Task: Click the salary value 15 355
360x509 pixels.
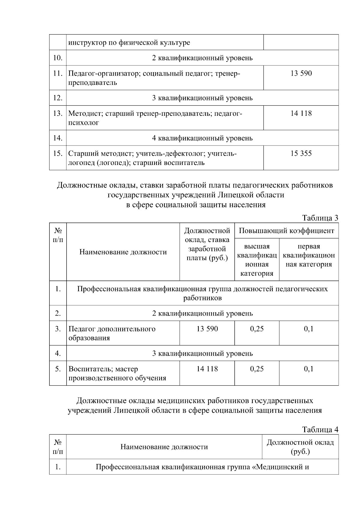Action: (301, 154)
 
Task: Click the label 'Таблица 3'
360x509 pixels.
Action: (320, 218)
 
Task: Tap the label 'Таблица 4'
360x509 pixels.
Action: (320, 430)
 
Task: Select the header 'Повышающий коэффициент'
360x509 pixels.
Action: (286, 231)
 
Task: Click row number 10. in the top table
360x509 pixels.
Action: (58, 58)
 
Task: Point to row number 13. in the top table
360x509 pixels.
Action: (58, 113)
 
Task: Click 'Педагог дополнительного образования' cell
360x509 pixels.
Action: (112, 333)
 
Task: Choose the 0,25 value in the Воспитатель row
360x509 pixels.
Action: (257, 369)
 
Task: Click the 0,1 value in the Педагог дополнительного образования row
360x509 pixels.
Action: (309, 329)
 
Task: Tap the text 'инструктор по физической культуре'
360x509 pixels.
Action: (129, 43)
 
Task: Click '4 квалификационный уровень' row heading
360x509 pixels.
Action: (202, 138)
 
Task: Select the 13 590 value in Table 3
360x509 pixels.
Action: (207, 329)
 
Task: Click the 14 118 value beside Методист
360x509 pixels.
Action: (301, 113)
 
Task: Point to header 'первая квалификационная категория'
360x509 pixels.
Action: (309, 255)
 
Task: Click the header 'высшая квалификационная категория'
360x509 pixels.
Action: (257, 260)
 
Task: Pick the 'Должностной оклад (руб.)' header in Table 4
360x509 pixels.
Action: (300, 447)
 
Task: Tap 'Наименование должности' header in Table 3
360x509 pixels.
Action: (123, 252)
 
